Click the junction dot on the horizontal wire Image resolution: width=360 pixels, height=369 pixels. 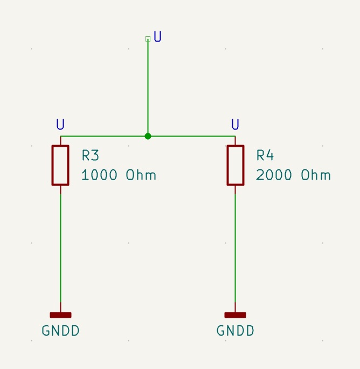148,136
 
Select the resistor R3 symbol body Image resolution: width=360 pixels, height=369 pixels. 60,165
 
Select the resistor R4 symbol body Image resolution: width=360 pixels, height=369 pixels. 235,165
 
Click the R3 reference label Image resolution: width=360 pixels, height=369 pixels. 91,156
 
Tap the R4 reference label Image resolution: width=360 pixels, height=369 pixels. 265,156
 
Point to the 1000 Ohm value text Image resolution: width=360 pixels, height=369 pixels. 119,175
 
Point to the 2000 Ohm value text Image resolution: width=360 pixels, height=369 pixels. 293,175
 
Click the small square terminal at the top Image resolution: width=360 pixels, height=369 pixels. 148,39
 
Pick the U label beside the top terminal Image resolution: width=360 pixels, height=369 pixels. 158,37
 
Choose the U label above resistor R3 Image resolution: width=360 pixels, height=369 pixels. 60,125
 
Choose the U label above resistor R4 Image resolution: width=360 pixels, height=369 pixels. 235,125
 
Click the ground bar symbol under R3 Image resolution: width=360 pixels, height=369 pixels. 60,315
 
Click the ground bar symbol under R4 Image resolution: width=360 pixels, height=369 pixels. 235,315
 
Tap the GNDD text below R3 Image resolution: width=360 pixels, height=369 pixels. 60,331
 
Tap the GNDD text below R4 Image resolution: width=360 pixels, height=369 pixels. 235,331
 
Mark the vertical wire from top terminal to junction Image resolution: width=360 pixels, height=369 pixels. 148,86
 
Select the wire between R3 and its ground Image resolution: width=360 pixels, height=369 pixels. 60,248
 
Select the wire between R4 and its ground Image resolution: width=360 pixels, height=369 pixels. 235,248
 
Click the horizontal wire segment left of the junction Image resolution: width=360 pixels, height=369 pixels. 102,136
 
